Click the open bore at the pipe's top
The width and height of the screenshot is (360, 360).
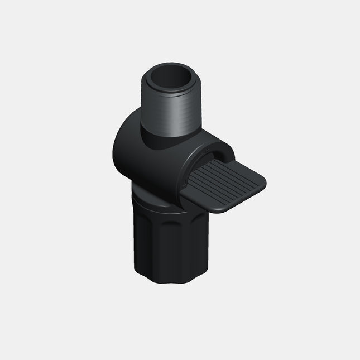tap(169, 80)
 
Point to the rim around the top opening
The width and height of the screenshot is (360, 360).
tap(151, 71)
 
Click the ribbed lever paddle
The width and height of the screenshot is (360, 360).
tap(226, 181)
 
